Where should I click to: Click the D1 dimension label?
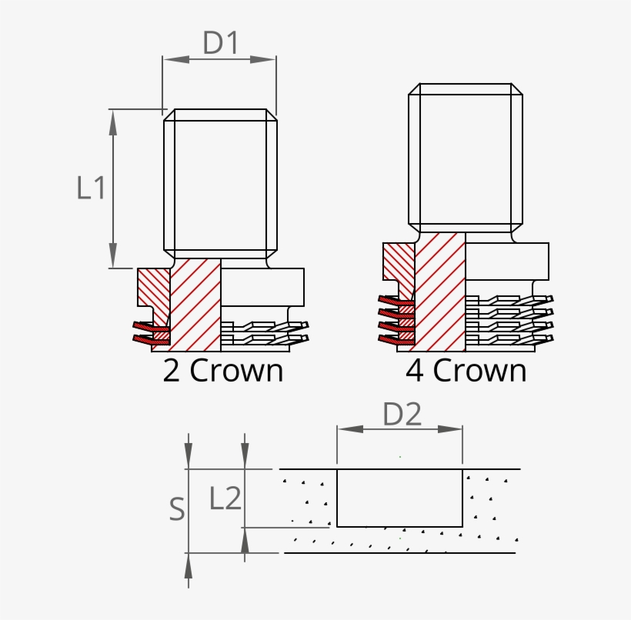click(221, 43)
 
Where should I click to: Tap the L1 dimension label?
click(91, 188)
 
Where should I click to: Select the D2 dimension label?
click(402, 415)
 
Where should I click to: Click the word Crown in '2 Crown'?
click(236, 371)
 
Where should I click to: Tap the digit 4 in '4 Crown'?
click(415, 371)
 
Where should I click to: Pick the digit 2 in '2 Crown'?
click(172, 371)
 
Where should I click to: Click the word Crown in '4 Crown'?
click(479, 371)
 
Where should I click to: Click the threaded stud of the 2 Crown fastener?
click(220, 185)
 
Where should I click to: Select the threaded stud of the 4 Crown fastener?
click(465, 158)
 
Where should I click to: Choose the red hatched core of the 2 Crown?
click(195, 304)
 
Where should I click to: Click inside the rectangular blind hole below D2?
click(399, 498)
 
